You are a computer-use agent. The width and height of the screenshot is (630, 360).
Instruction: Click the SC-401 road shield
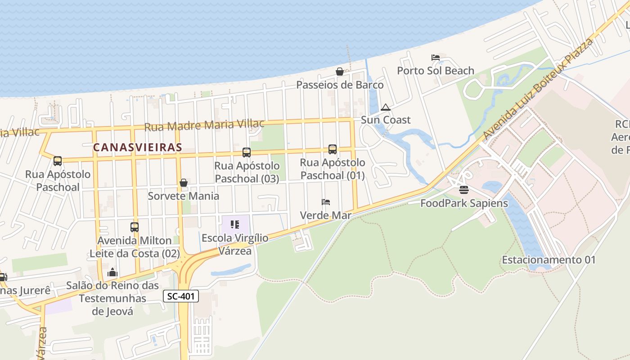pyautogui.click(x=180, y=296)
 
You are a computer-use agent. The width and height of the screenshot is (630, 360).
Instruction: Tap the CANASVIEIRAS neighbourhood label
pyautogui.click(x=138, y=147)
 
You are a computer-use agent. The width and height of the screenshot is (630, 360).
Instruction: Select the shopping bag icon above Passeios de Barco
pyautogui.click(x=340, y=72)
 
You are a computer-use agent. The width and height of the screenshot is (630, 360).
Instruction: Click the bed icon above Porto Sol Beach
pyautogui.click(x=436, y=57)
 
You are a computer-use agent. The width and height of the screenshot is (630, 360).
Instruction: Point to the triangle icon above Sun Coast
pyautogui.click(x=385, y=107)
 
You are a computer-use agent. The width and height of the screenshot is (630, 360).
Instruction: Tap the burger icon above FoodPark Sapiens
pyautogui.click(x=464, y=190)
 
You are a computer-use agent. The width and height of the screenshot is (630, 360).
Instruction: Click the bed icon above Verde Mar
pyautogui.click(x=326, y=202)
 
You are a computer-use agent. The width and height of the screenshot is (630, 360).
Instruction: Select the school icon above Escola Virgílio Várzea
pyautogui.click(x=234, y=224)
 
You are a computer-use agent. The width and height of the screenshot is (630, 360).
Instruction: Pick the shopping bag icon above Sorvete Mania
pyautogui.click(x=184, y=183)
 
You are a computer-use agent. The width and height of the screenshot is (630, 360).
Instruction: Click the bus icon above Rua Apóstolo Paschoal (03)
pyautogui.click(x=247, y=152)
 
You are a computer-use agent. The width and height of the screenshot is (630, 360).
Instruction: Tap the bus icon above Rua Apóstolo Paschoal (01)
pyautogui.click(x=333, y=149)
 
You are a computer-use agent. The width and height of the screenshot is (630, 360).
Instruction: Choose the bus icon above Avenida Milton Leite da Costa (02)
pyautogui.click(x=134, y=227)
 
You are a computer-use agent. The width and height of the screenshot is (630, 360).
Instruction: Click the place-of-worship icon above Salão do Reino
pyautogui.click(x=112, y=272)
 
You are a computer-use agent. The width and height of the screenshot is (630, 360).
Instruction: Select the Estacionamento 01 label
pyautogui.click(x=549, y=260)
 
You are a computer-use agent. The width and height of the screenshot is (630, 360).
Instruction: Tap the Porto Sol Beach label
pyautogui.click(x=435, y=71)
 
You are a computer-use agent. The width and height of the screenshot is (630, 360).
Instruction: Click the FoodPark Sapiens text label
pyautogui.click(x=464, y=203)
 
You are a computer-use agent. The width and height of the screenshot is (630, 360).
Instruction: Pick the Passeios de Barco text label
pyautogui.click(x=340, y=85)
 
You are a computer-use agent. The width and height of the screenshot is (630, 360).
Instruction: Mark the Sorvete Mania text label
pyautogui.click(x=184, y=196)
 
